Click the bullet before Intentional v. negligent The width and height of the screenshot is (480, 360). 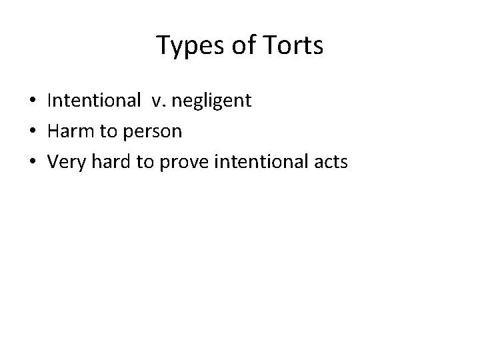pos(33,101)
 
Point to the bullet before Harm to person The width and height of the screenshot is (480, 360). pos(33,131)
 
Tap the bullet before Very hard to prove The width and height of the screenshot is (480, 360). pos(33,161)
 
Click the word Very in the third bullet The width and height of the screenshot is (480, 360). pos(65,161)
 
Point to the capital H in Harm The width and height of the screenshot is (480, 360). pos(53,131)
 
